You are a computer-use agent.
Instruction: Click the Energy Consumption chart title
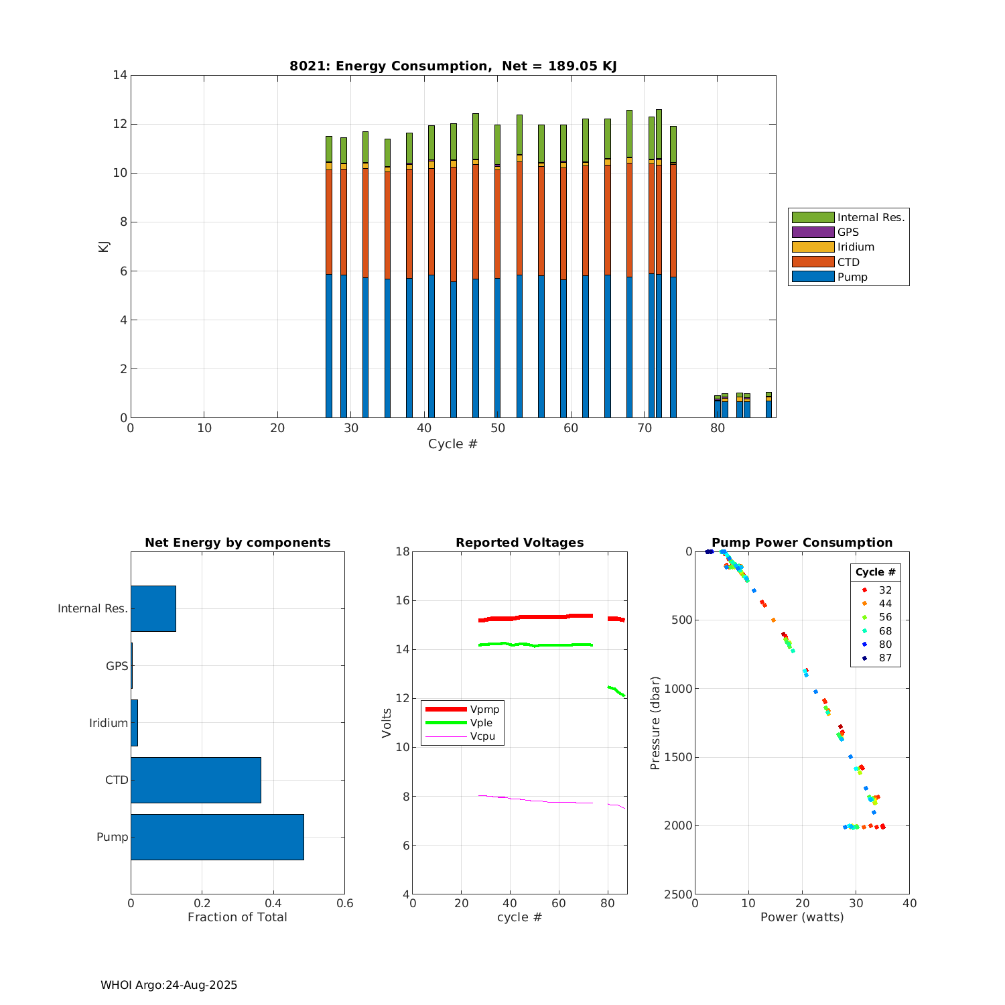[453, 66]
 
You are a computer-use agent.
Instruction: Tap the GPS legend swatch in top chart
[813, 232]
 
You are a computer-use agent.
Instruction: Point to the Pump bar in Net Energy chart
[217, 837]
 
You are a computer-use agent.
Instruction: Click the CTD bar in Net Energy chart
[196, 780]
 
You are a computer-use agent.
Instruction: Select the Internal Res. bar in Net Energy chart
[153, 608]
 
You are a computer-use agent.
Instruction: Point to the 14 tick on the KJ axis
[121, 75]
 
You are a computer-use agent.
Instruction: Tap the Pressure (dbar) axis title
[655, 722]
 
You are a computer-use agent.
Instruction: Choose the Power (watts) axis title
[802, 917]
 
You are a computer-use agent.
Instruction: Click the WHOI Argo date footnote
[169, 985]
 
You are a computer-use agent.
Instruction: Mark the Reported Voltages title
[519, 543]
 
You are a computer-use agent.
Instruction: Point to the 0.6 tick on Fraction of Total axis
[344, 903]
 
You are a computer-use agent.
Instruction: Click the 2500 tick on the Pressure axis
[679, 894]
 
